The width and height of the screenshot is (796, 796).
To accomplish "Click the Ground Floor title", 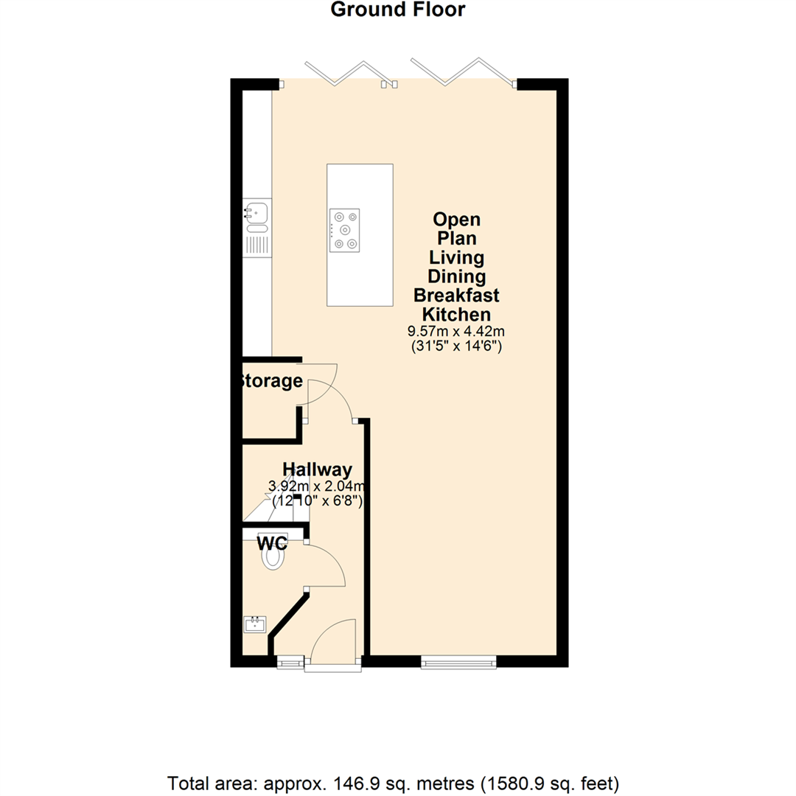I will pyautogui.click(x=398, y=10).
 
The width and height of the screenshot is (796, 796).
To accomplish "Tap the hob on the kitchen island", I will pyautogui.click(x=345, y=229).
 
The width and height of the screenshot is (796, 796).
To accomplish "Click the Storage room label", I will pyautogui.click(x=270, y=381).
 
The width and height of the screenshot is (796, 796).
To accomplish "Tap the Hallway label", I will pyautogui.click(x=318, y=469).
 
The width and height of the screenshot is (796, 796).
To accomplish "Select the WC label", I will pyautogui.click(x=272, y=544).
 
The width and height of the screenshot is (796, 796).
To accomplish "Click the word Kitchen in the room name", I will pyautogui.click(x=457, y=315).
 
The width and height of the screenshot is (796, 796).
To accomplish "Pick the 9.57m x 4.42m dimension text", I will pyautogui.click(x=457, y=332).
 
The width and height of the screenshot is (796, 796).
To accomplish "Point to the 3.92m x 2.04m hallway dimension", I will pyautogui.click(x=318, y=486).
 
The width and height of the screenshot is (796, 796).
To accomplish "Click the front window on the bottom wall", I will pyautogui.click(x=458, y=663).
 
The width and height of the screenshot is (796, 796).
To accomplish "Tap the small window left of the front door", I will pyautogui.click(x=289, y=662).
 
